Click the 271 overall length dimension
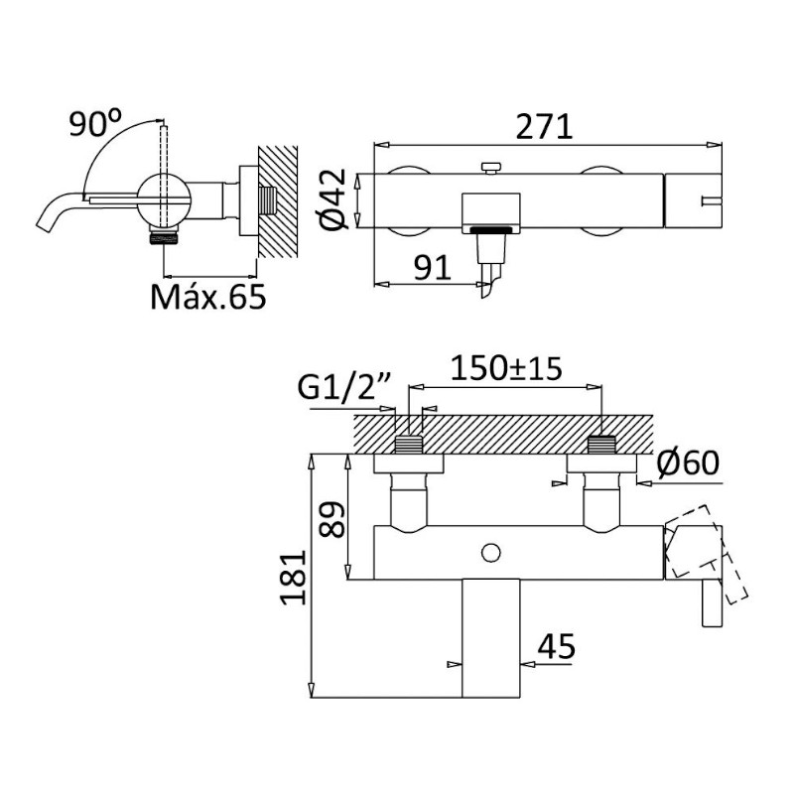click(x=544, y=127)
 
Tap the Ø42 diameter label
click(x=334, y=199)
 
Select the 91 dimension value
click(x=432, y=268)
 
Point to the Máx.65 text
click(x=208, y=297)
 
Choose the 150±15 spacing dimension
click(x=506, y=368)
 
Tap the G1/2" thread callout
click(x=342, y=388)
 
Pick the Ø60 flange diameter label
click(x=688, y=463)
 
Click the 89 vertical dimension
click(x=333, y=519)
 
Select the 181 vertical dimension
click(x=294, y=578)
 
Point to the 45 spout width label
click(x=556, y=647)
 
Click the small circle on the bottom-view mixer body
click(x=490, y=553)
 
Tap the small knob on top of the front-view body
click(x=490, y=168)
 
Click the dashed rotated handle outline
click(x=707, y=555)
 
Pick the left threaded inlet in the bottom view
click(x=408, y=444)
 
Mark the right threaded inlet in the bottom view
click(x=601, y=444)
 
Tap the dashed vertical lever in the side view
click(x=163, y=176)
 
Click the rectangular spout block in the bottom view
click(x=491, y=638)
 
